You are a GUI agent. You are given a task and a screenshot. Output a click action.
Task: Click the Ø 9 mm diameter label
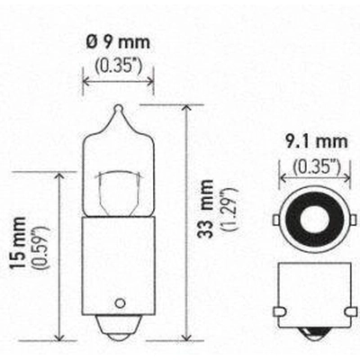118,42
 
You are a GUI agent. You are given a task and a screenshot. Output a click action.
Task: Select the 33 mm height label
206,209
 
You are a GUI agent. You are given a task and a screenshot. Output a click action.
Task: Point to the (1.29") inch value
229,209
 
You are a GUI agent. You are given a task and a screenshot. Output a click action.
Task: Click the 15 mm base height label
17,242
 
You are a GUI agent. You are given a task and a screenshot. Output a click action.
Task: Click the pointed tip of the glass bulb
119,107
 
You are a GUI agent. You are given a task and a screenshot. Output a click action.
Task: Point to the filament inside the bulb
118,192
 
